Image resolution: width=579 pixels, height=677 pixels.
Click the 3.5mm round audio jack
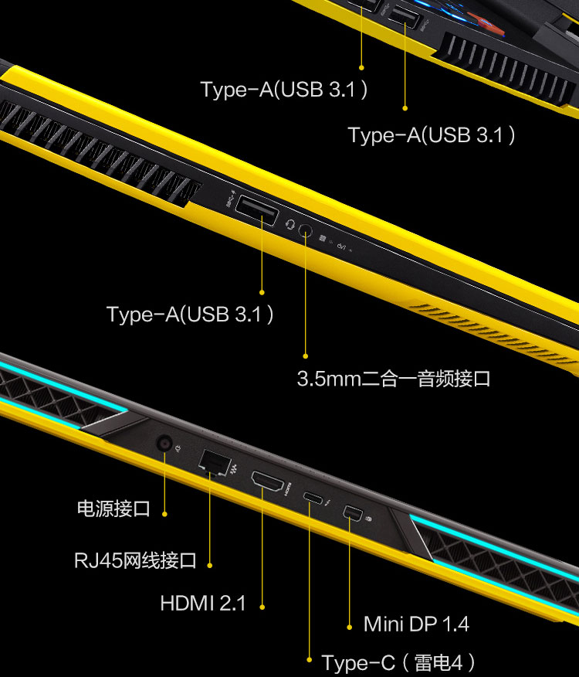coord(305,230)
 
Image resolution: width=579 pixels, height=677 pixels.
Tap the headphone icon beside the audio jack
coord(289,224)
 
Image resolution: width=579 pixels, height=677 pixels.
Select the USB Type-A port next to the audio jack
coord(256,210)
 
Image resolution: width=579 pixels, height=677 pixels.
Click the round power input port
coord(164,443)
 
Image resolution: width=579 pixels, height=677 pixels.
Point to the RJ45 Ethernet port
coord(215,462)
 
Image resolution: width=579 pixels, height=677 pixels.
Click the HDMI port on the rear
coord(267,481)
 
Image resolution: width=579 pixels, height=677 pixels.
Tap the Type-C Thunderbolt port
coord(313,498)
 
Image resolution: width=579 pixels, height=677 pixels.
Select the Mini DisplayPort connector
coord(353,513)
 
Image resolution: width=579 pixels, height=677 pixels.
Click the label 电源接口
coord(114,509)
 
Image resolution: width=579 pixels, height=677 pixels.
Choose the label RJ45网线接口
coord(135,560)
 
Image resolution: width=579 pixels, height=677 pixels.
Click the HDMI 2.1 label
coord(203,603)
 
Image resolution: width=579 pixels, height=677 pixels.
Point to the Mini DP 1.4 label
coord(416,624)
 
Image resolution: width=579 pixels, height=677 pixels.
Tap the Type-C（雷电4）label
coord(398,662)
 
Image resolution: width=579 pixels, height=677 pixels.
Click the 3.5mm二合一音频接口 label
coord(394,379)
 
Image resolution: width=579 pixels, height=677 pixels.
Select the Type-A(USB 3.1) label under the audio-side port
coord(190,314)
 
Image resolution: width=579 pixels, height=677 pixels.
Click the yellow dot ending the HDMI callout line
coord(262,607)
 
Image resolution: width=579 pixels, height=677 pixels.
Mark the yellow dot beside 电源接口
coord(164,514)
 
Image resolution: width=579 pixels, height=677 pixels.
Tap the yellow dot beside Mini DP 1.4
coord(350,628)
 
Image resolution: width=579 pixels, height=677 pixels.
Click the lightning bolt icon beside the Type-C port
coord(328,503)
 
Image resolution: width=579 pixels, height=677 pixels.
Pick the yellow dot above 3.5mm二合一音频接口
coord(306,356)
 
